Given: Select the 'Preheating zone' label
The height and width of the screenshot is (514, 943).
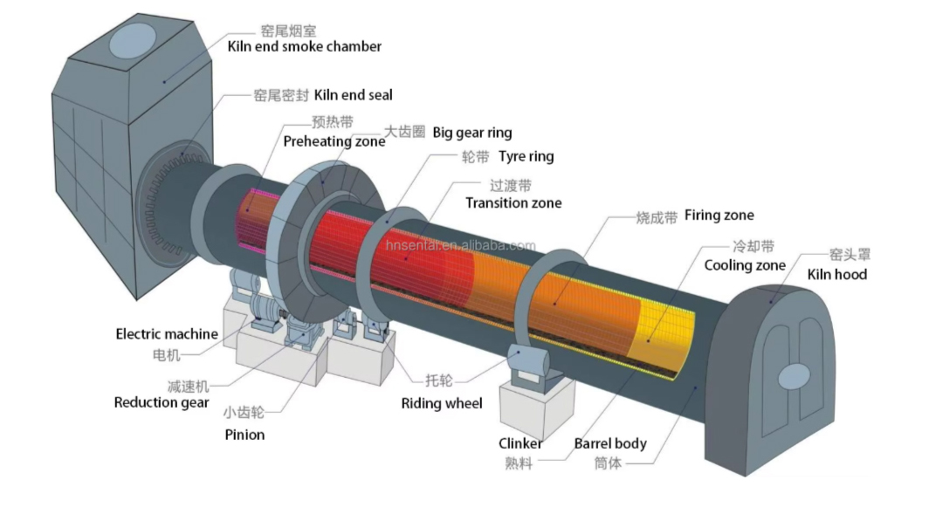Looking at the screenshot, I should click(334, 140).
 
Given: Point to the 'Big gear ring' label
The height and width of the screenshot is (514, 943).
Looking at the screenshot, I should click(472, 133).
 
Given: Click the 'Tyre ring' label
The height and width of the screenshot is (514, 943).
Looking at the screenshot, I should click(526, 157).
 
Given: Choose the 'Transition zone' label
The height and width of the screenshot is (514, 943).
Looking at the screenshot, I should click(513, 202).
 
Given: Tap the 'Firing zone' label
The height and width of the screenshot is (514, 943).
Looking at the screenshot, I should click(719, 215).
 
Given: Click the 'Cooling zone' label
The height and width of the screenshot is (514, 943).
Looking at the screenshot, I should click(745, 264).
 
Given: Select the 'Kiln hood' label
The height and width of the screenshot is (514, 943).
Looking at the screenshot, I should click(836, 274).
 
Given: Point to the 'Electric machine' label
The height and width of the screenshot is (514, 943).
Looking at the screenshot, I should click(167, 333).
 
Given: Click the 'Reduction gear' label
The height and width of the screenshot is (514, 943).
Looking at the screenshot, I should click(162, 402).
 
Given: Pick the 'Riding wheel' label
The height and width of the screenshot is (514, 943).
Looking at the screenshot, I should click(441, 403).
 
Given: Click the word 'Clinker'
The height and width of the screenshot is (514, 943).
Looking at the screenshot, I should click(520, 443).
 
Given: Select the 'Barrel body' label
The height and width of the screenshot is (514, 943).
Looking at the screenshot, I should click(610, 443).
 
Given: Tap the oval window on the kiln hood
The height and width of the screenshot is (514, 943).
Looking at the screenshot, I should click(795, 376).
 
